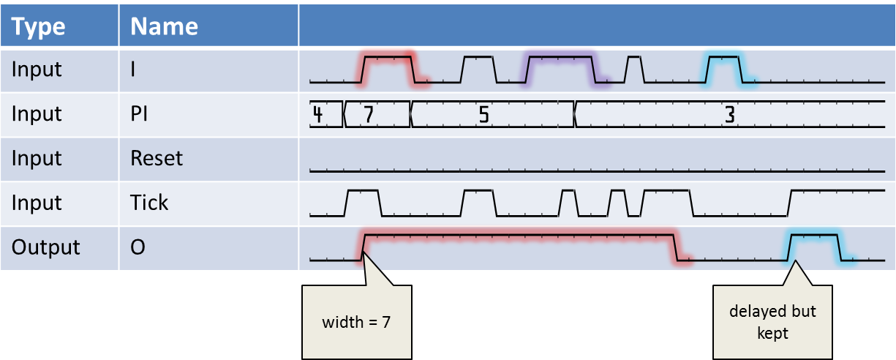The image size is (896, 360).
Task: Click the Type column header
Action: click(x=38, y=27)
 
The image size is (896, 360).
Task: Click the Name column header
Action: click(x=164, y=27)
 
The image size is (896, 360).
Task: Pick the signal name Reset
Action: click(x=156, y=158)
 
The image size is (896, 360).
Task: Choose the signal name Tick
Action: click(x=149, y=203)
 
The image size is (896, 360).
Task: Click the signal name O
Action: click(x=138, y=247)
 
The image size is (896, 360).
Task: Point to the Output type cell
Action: click(x=45, y=247)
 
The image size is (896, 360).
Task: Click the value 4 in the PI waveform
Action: click(x=318, y=114)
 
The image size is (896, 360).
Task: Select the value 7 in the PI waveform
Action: click(x=369, y=114)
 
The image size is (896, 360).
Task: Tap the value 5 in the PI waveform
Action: click(x=483, y=114)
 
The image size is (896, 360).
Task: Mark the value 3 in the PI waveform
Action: click(x=729, y=114)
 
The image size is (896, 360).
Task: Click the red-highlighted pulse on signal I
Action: click(x=388, y=67)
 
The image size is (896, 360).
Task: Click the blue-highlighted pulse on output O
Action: click(x=813, y=246)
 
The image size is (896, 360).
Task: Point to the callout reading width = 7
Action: click(x=356, y=322)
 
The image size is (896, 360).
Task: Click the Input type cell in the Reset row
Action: click(x=37, y=158)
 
